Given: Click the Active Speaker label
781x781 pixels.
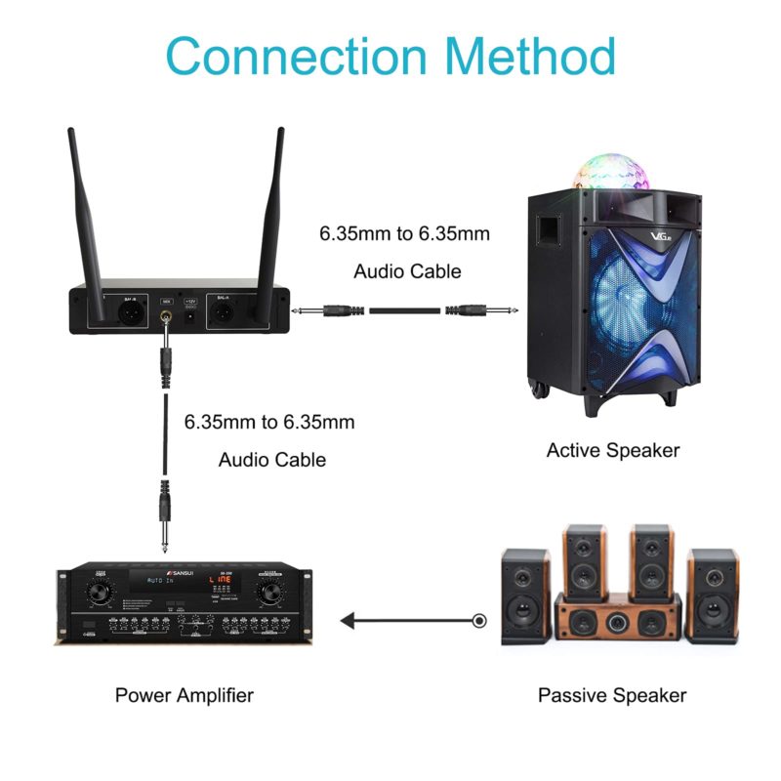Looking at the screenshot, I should click(x=612, y=450).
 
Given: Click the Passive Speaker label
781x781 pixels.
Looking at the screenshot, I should click(x=611, y=695).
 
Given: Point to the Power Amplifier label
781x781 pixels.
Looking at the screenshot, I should click(x=185, y=695).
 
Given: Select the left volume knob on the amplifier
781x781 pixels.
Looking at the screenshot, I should click(x=99, y=591).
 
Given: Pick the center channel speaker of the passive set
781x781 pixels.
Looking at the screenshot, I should click(x=617, y=618).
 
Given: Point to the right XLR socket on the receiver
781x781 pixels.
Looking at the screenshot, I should click(x=224, y=312).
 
